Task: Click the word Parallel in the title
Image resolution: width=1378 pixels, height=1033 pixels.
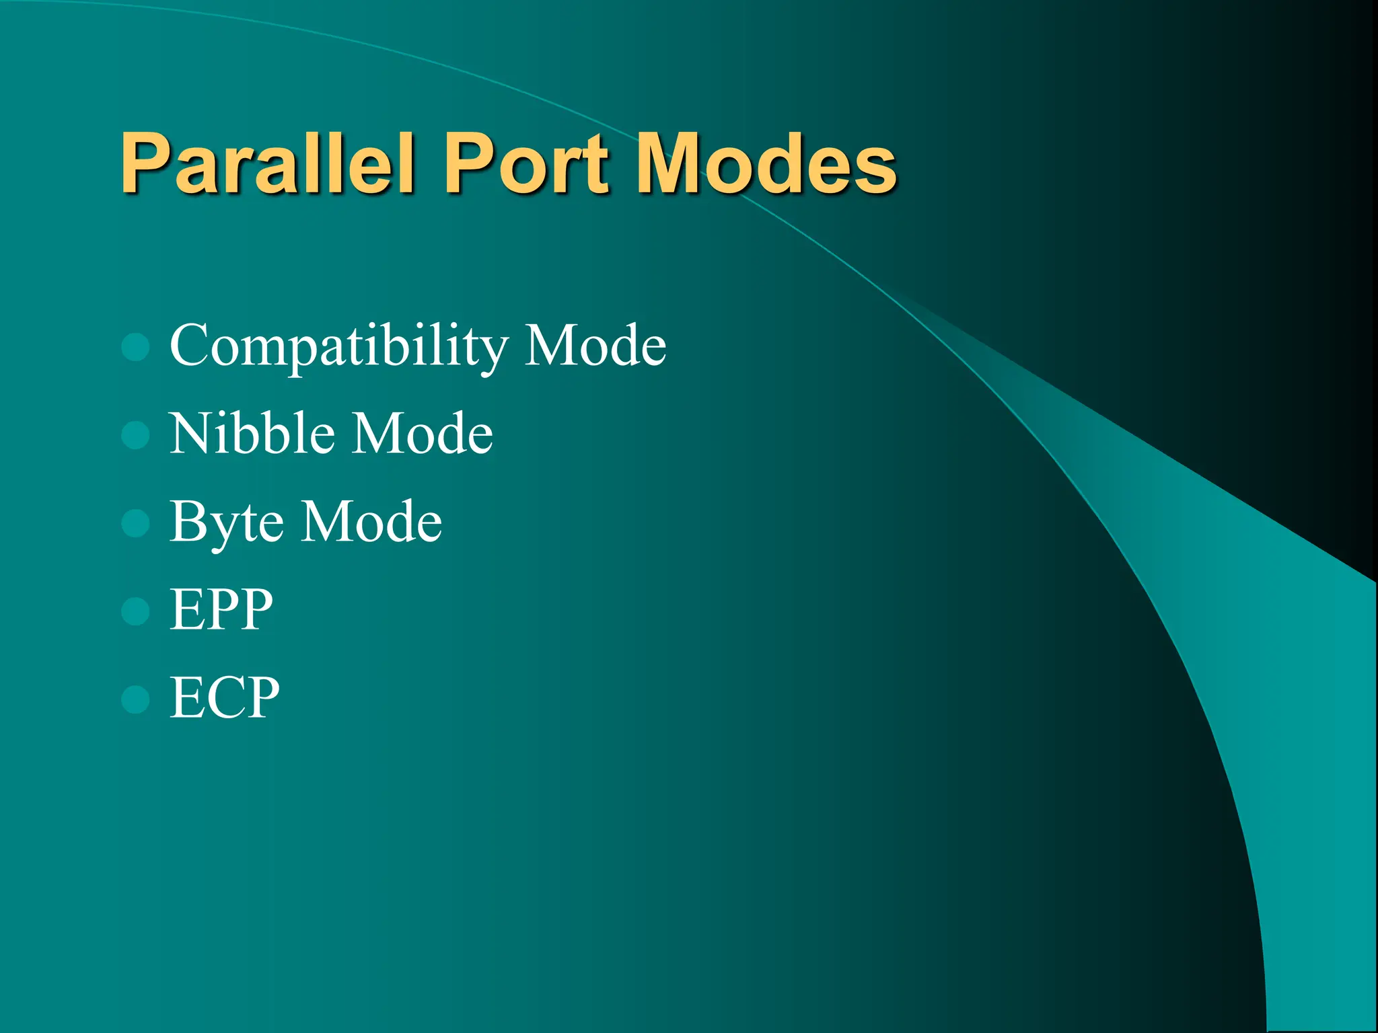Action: pos(267,163)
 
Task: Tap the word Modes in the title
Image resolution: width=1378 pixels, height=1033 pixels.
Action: pos(766,163)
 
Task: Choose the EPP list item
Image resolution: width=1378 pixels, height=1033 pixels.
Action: pos(221,609)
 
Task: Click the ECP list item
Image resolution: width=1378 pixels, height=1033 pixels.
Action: pos(224,697)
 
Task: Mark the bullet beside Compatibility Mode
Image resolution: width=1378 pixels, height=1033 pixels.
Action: pos(135,347)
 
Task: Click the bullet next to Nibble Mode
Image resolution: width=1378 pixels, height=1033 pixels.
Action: pos(135,435)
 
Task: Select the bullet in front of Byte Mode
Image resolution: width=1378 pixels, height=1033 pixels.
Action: pos(135,523)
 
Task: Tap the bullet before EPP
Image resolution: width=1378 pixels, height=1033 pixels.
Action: pos(135,611)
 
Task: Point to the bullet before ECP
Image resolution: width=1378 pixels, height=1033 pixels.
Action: pos(135,699)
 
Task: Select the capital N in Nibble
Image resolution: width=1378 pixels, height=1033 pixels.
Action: pos(192,433)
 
